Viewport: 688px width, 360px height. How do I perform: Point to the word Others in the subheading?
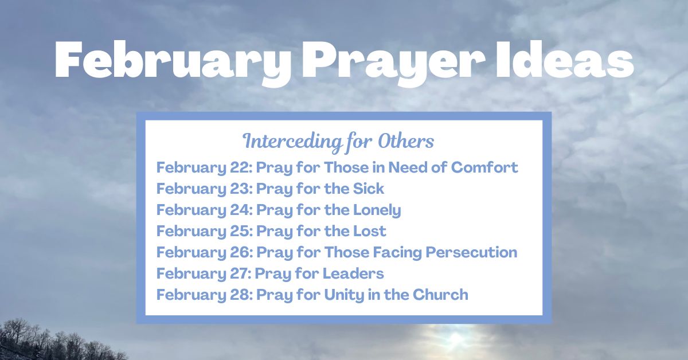[406, 140]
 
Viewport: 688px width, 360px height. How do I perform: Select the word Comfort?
[484, 168]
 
